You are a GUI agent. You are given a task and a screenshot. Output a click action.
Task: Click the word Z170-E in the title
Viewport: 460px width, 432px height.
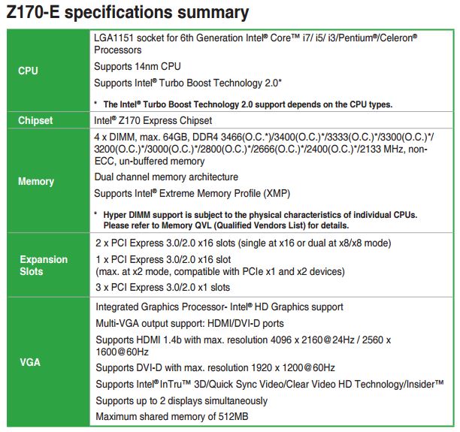(x=33, y=13)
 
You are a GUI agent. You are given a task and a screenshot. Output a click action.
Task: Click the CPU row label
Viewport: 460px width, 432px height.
(x=28, y=71)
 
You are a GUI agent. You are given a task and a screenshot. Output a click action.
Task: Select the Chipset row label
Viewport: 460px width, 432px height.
(x=35, y=120)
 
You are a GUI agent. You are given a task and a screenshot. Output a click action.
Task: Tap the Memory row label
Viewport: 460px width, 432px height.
(x=36, y=182)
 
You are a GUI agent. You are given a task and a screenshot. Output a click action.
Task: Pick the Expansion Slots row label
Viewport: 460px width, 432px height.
(x=44, y=265)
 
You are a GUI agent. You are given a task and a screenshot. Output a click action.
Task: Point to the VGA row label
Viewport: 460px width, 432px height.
(x=30, y=362)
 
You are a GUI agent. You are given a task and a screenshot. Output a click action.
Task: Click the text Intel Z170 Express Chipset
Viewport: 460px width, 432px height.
(x=153, y=120)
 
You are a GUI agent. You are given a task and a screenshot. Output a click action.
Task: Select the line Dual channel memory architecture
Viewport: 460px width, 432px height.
(x=166, y=177)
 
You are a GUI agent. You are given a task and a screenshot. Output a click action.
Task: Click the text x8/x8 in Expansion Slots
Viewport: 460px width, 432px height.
(x=350, y=243)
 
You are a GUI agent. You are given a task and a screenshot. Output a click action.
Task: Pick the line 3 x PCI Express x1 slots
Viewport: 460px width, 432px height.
(x=163, y=287)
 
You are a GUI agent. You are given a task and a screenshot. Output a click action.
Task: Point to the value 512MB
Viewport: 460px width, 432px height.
(x=233, y=416)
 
